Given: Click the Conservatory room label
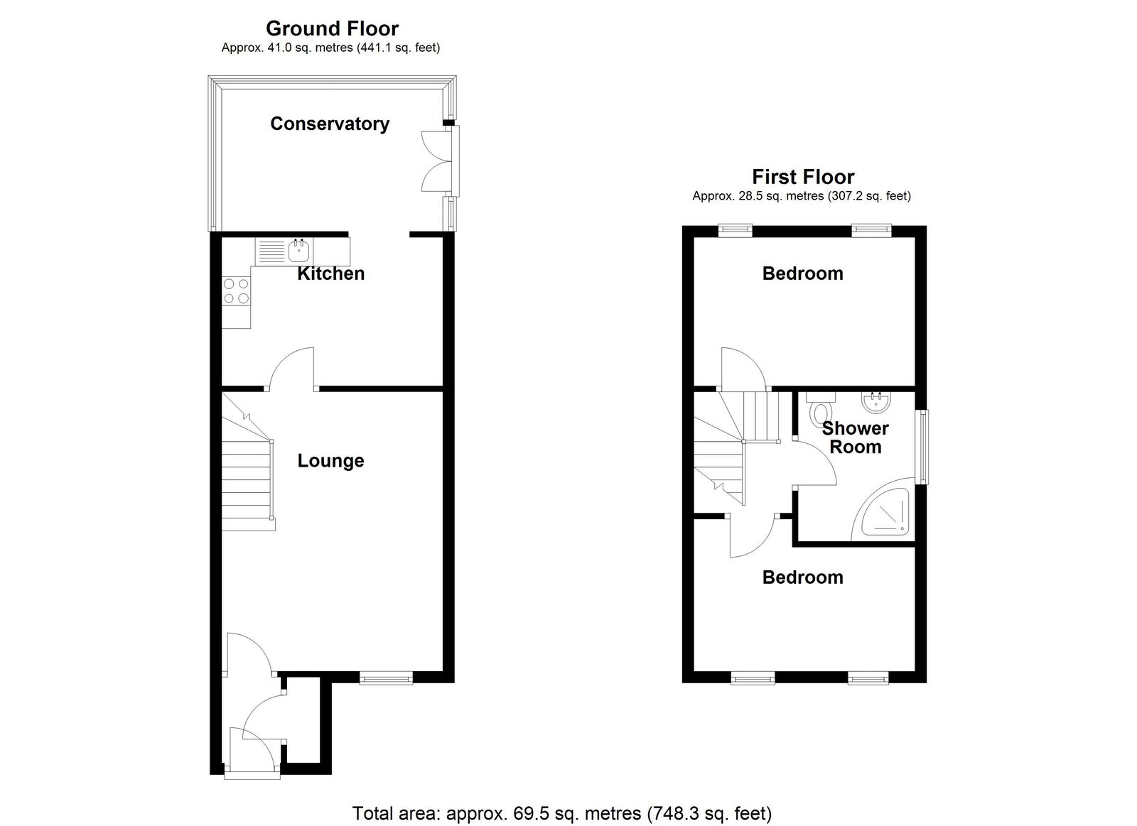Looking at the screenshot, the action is coord(330,124).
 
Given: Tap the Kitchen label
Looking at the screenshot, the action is coord(330,273).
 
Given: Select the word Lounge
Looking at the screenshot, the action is coord(330,461).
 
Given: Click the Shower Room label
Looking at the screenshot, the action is coord(856,438).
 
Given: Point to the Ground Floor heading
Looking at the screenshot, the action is coord(332,28).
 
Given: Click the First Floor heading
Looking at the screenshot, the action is coord(803,177).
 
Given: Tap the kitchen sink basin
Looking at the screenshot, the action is coord(299,250).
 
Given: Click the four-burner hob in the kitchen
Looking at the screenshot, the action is coord(237,291).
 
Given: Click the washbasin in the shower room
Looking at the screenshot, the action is coord(875,402).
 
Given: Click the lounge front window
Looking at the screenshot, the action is coord(387,678).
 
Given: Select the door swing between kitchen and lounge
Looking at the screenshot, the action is coord(291,369).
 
